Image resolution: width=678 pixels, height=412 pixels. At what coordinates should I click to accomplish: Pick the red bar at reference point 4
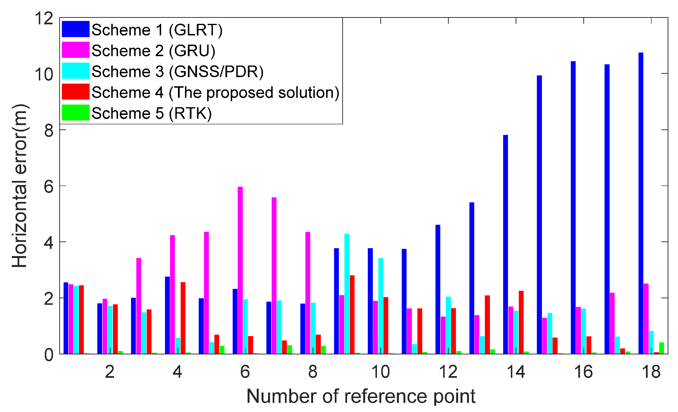tap(183, 318)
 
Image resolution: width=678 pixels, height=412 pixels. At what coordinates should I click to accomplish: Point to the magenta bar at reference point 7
tap(274, 275)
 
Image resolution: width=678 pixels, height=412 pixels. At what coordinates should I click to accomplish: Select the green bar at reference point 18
tap(661, 348)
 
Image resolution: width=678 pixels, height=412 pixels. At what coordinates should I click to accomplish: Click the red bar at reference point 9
tap(352, 315)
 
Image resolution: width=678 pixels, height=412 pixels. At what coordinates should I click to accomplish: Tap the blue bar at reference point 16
tap(573, 207)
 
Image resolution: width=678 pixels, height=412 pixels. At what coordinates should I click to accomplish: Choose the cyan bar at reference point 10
tap(381, 306)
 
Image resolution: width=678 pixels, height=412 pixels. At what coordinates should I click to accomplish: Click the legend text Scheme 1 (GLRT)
tap(157, 30)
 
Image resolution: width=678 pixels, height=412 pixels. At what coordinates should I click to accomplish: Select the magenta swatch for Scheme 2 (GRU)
tap(75, 50)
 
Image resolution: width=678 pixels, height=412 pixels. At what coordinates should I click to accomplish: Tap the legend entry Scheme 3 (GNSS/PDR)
tap(178, 72)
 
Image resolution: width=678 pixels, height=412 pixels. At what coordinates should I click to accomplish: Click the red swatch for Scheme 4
tap(75, 92)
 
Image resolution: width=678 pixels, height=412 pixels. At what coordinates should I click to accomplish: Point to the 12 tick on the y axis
tap(44, 19)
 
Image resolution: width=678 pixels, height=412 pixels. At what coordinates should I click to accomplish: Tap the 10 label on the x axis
tap(381, 372)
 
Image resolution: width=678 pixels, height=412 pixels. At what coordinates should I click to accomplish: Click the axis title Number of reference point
tap(361, 397)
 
